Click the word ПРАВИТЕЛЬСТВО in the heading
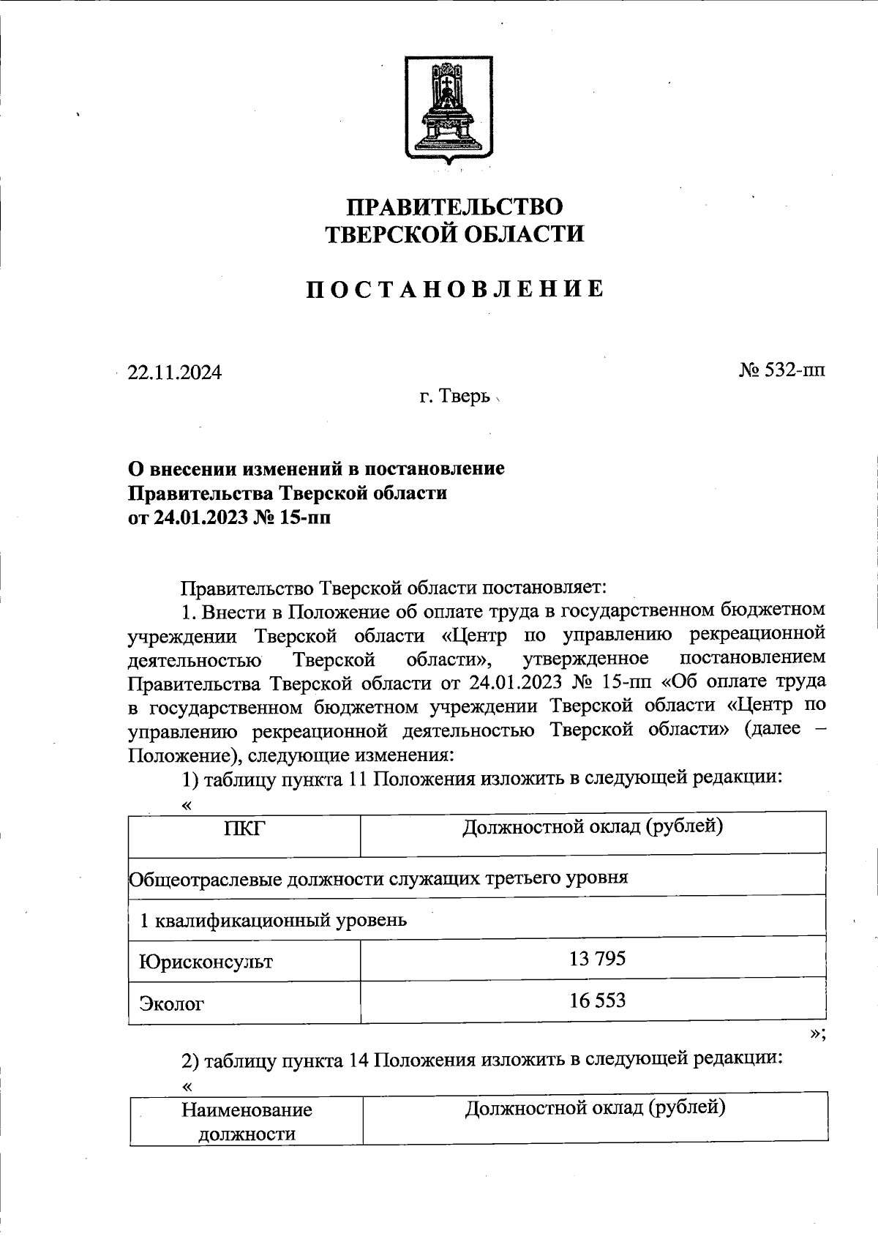click(x=454, y=206)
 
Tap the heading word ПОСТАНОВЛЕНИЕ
click(x=454, y=290)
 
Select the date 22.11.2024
click(x=174, y=373)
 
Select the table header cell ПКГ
click(x=244, y=829)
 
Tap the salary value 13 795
click(x=597, y=958)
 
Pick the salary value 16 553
click(x=597, y=1000)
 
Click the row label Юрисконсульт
click(x=206, y=961)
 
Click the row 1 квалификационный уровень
click(x=273, y=919)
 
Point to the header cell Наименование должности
click(x=247, y=1121)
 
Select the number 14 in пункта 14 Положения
click(x=359, y=1060)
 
